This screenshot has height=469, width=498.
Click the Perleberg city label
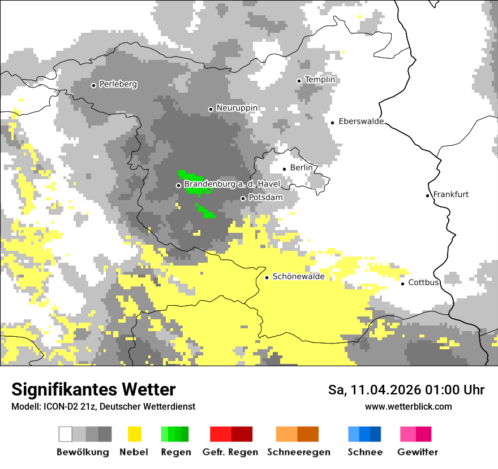(118, 84)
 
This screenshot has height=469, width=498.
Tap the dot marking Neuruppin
(211, 109)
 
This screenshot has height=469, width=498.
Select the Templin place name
(320, 80)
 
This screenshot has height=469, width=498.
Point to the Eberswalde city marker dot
(333, 123)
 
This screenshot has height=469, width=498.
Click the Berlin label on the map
(301, 168)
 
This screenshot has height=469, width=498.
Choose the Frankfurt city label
(450, 194)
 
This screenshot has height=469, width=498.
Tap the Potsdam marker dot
(243, 198)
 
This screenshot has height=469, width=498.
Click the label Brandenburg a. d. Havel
(232, 184)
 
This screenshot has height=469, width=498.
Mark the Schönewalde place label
(298, 276)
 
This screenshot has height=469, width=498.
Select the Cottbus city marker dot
(403, 283)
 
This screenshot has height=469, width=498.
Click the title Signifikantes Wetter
(93, 389)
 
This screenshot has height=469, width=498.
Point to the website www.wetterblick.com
(408, 406)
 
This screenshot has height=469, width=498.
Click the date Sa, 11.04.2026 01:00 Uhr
(406, 390)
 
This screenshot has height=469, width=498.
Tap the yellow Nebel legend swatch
(134, 434)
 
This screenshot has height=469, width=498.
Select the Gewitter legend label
(417, 452)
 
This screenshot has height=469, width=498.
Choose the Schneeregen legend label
(298, 452)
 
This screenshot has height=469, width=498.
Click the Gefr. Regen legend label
(230, 452)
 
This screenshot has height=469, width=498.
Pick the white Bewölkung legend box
(66, 434)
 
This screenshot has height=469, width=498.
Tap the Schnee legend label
(364, 452)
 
